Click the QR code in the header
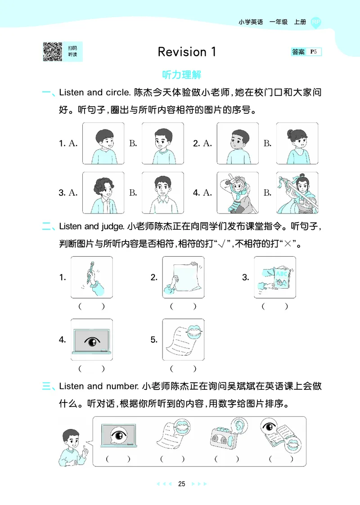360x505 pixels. pos(52,52)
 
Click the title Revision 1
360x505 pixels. pos(187,52)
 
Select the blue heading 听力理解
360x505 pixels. pos(181,75)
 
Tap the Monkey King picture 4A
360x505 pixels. pos(237,192)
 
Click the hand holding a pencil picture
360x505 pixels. pos(92,277)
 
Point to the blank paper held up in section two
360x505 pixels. pos(183,277)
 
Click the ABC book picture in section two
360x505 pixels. pos(274,277)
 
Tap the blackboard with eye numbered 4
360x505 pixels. pos(92,340)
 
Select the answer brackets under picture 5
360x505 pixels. pos(183,369)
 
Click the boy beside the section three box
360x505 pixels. pos(72,447)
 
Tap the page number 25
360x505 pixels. pos(181,484)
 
